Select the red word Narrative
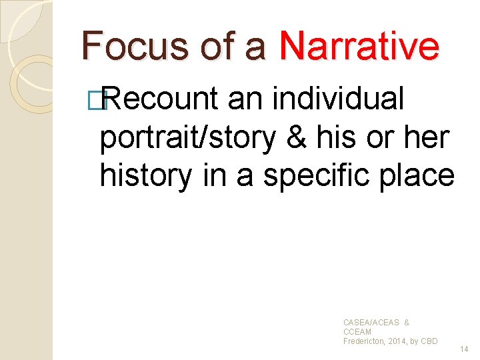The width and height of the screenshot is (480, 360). tap(359, 46)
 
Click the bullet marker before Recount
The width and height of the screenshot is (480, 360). tap(102, 100)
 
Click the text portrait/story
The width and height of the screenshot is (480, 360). tap(187, 137)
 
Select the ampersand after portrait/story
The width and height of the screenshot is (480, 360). tap(296, 137)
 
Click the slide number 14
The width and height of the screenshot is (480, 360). tap(465, 349)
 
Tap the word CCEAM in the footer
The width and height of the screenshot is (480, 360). tap(357, 332)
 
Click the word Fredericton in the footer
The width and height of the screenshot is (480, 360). tap(365, 341)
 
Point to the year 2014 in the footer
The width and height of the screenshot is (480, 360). tap(399, 341)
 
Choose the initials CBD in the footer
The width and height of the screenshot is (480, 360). tap(429, 341)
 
